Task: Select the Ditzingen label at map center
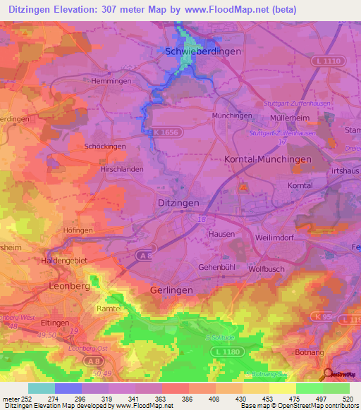pos(176,202)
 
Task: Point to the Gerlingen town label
pos(171,290)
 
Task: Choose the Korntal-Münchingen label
pos(267,160)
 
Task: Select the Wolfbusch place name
pos(267,268)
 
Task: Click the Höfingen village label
pos(78,230)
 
